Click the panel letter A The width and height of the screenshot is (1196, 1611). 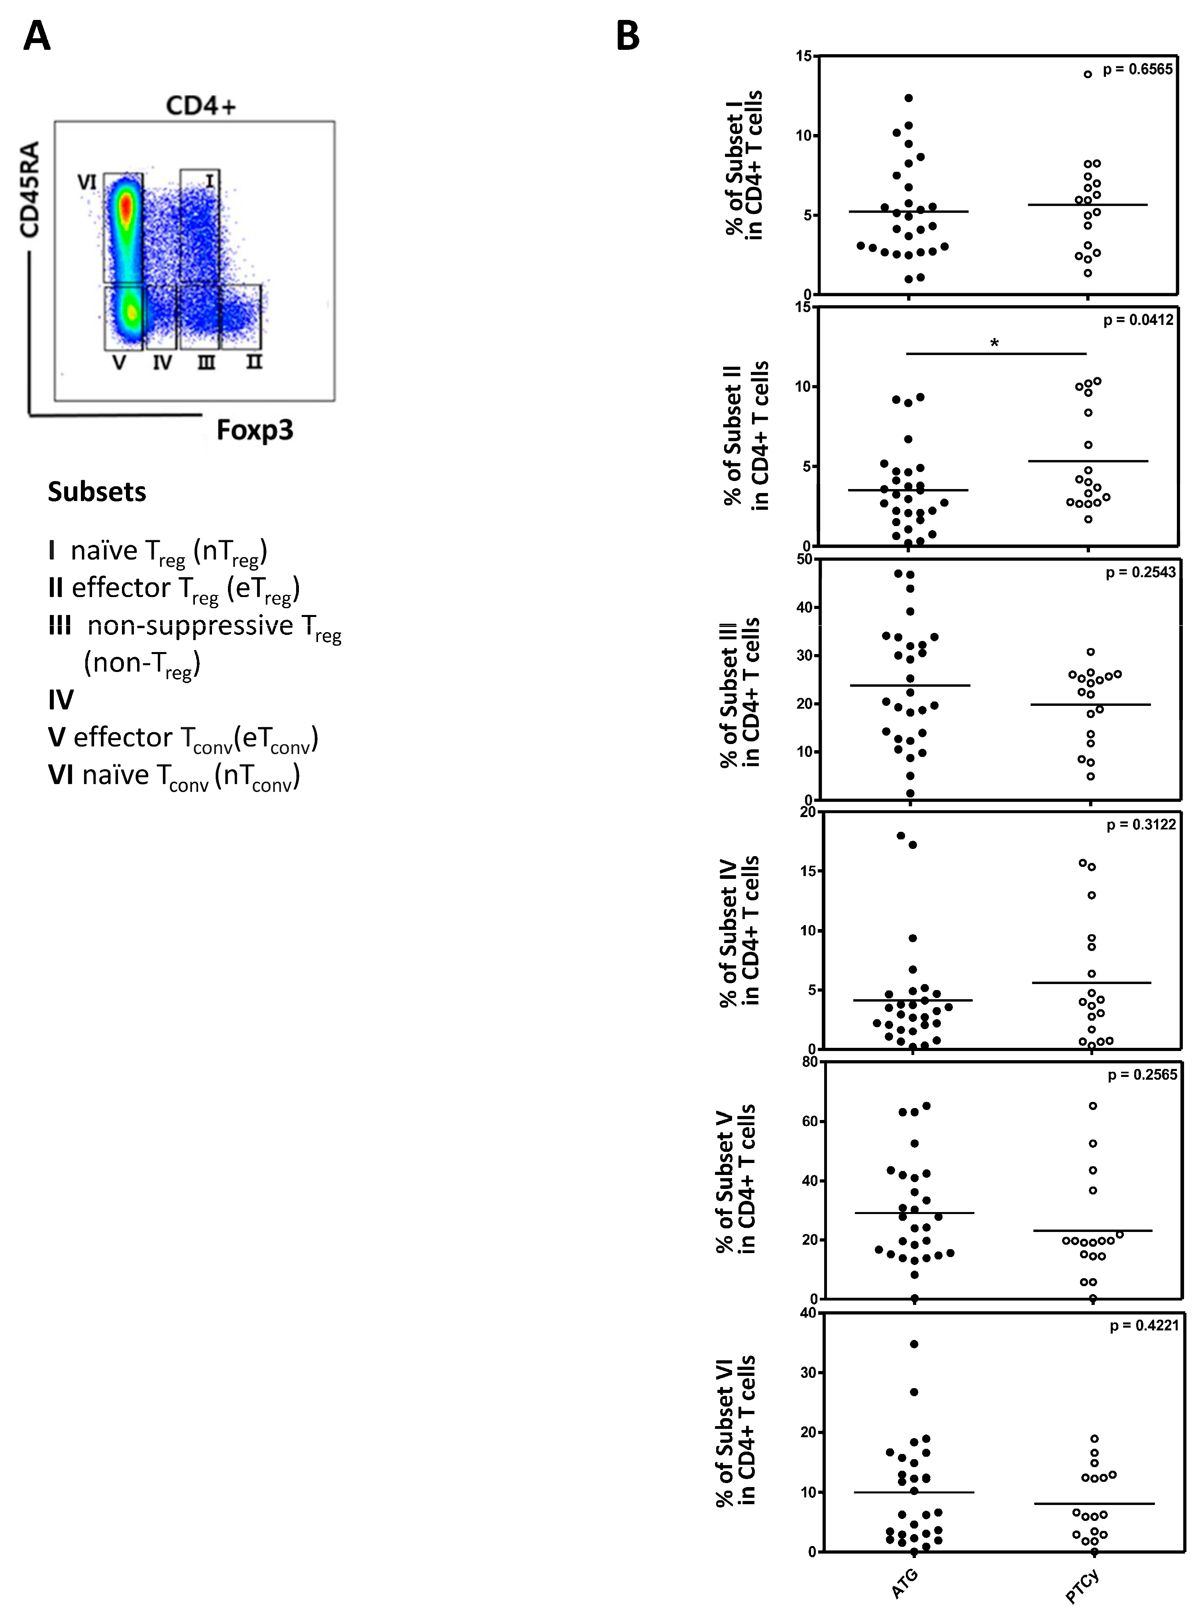(37, 36)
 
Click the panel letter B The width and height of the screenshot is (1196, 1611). (628, 36)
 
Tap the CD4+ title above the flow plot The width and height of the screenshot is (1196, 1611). (200, 106)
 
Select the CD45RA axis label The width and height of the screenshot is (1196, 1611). (29, 190)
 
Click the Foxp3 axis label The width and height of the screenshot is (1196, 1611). (255, 430)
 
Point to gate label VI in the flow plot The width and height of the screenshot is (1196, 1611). (87, 182)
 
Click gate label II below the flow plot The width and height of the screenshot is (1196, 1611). (253, 361)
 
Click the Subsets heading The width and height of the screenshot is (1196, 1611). (97, 491)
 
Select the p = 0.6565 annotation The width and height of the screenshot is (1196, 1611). (1137, 69)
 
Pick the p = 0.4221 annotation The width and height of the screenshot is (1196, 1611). (1144, 1326)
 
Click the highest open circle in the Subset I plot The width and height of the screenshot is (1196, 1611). (1088, 74)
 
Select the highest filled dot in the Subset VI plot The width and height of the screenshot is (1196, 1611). (914, 1344)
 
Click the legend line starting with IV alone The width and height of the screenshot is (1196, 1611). (61, 699)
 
